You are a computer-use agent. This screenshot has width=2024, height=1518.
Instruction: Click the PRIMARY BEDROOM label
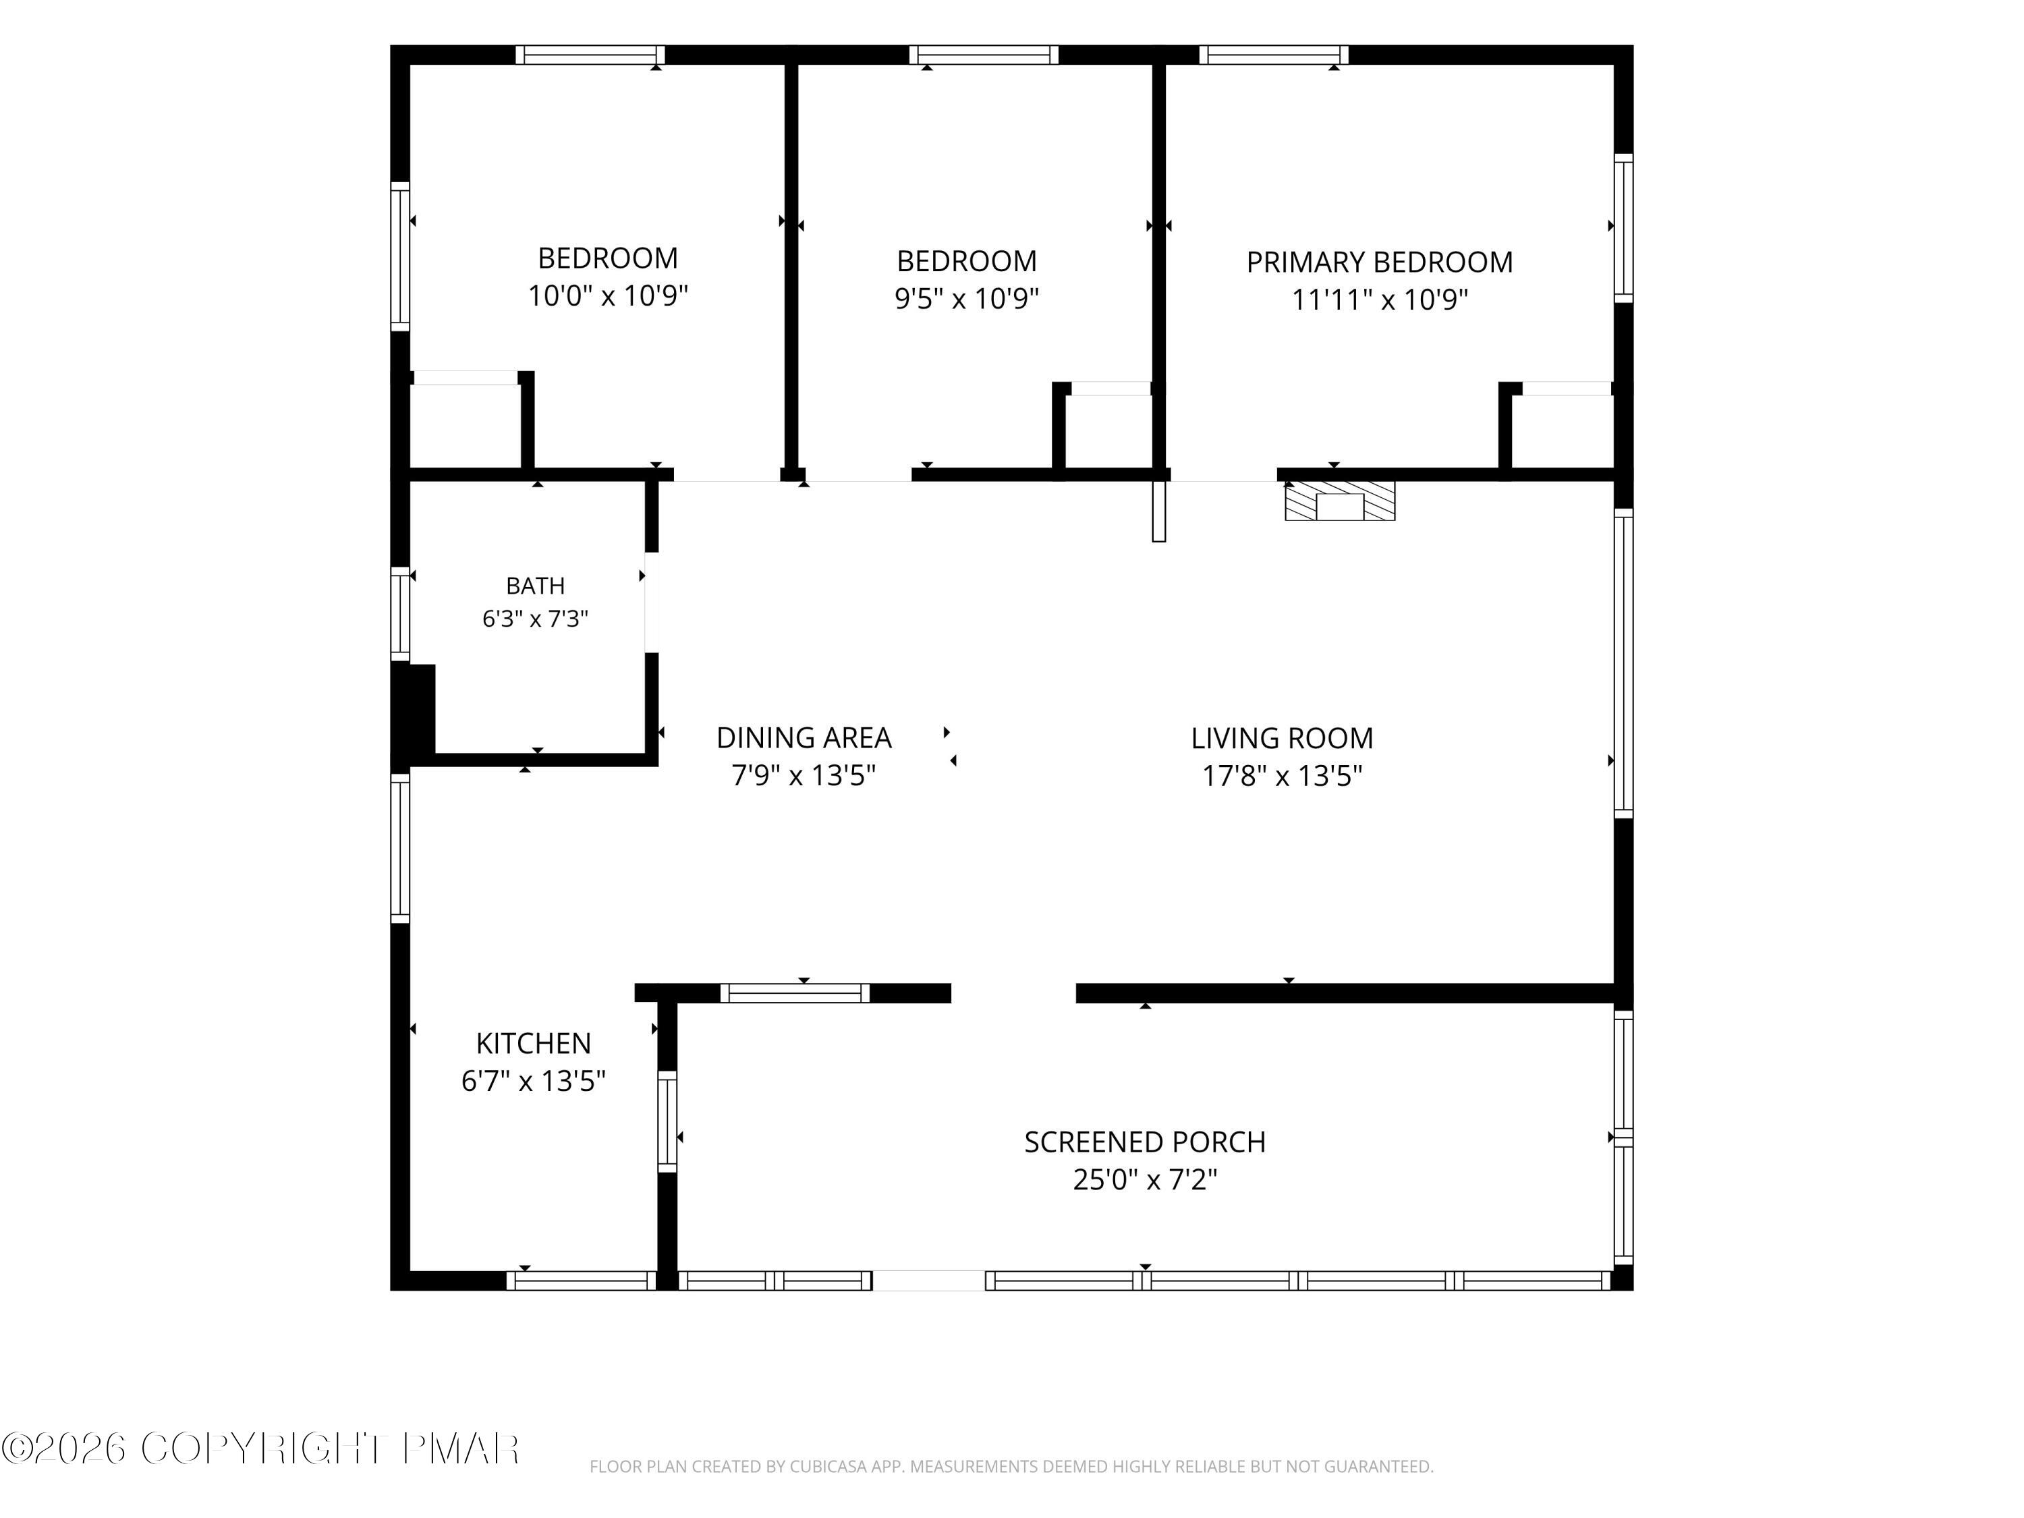[x=1379, y=262]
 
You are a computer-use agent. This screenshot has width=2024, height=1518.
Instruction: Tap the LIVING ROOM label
[x=1282, y=738]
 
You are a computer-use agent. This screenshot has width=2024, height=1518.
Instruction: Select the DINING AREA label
[x=804, y=737]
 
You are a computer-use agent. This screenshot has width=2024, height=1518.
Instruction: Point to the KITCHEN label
[x=534, y=1043]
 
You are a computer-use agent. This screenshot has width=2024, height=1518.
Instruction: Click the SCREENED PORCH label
[x=1145, y=1142]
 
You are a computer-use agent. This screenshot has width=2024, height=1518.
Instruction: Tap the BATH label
[x=535, y=586]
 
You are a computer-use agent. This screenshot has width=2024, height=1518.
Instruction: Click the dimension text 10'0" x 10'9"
[x=608, y=296]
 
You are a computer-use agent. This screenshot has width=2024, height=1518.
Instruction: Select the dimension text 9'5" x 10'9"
[x=966, y=298]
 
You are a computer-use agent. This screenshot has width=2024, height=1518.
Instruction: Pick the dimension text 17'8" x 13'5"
[x=1282, y=776]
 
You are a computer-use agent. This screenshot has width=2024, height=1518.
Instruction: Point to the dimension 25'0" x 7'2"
[x=1145, y=1179]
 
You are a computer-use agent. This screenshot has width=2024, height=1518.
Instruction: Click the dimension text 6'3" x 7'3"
[x=535, y=619]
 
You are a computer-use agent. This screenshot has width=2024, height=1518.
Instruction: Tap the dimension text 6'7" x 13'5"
[x=534, y=1081]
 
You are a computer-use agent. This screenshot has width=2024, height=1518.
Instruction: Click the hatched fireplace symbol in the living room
[x=1340, y=501]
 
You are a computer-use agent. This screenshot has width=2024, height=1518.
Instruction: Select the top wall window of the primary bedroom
[x=1274, y=55]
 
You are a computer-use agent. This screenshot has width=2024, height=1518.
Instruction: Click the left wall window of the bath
[x=400, y=613]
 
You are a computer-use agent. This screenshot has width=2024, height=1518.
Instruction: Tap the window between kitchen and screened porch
[x=667, y=1122]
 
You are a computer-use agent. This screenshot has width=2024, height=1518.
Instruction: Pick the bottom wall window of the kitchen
[x=581, y=1281]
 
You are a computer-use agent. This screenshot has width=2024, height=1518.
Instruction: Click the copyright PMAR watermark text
[x=261, y=1449]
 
